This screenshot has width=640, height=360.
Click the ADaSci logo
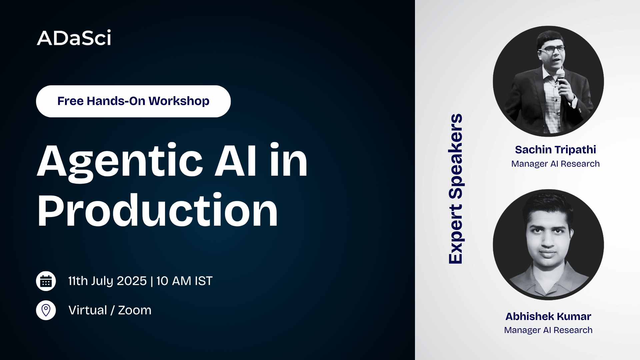(74, 38)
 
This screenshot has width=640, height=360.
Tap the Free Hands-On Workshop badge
(133, 101)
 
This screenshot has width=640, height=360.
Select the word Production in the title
(157, 210)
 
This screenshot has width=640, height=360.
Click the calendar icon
(46, 281)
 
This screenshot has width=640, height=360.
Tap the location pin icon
(46, 310)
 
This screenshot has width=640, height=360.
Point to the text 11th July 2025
(107, 281)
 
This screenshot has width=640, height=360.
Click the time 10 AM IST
(184, 281)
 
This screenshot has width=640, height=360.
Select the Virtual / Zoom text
(110, 310)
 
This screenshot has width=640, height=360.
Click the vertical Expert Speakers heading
(455, 189)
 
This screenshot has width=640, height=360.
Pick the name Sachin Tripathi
(555, 150)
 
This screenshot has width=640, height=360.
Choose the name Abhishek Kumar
(548, 316)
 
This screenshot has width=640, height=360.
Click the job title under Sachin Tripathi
(555, 164)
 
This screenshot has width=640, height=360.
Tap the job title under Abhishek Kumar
(548, 330)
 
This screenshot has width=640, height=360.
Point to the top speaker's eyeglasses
(551, 49)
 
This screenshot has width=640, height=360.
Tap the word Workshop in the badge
(179, 101)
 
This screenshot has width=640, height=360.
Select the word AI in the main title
(235, 161)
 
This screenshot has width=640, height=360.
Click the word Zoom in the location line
(135, 310)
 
